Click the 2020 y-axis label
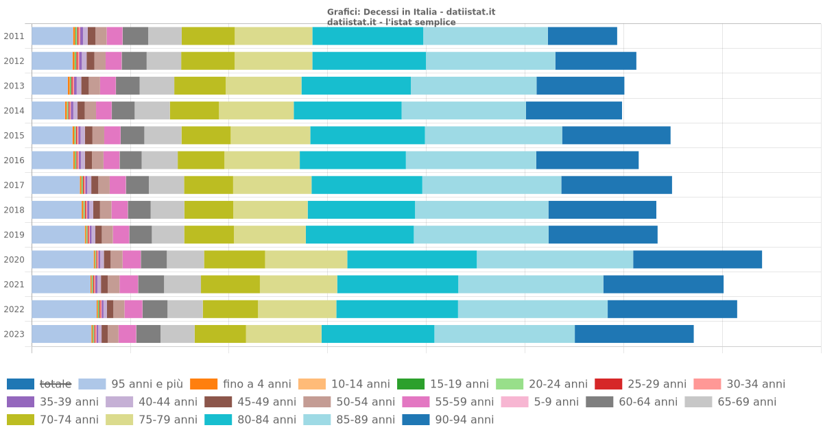click(14, 260)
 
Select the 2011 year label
click(14, 36)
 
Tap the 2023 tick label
click(14, 334)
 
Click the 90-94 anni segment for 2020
click(697, 260)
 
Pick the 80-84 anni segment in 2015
click(368, 136)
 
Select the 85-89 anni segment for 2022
click(532, 309)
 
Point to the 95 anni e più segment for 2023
click(61, 334)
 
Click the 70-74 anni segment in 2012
click(208, 61)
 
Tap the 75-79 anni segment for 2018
click(270, 210)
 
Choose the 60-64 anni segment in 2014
click(123, 110)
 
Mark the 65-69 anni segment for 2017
click(166, 185)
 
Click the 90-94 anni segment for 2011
click(582, 36)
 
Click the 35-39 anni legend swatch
click(20, 402)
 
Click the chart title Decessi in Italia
click(411, 12)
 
